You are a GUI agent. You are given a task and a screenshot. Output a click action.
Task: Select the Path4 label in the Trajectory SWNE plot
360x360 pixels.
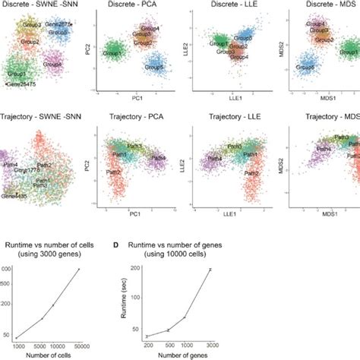11,163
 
